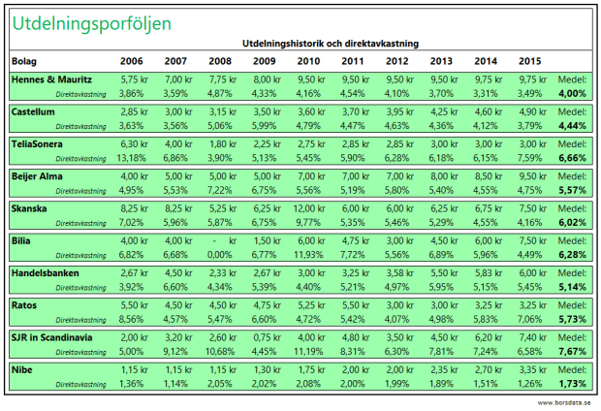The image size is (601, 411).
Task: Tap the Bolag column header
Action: click(x=24, y=60)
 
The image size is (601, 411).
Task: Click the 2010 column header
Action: click(x=309, y=60)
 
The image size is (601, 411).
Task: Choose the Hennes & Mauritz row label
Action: click(x=51, y=79)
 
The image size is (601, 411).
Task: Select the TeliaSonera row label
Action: click(x=38, y=143)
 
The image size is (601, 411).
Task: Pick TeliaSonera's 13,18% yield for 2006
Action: click(x=131, y=158)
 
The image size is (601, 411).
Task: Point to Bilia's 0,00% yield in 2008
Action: click(x=222, y=254)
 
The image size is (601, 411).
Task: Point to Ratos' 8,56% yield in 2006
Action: click(x=131, y=318)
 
